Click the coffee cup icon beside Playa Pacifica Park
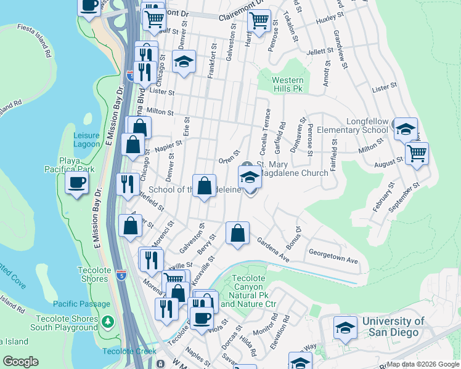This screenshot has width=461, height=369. [76, 182]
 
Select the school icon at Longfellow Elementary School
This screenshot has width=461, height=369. [406, 129]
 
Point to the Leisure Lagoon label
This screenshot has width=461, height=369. [86, 140]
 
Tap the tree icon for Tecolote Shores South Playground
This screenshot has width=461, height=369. [108, 322]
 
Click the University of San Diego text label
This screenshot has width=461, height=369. [393, 327]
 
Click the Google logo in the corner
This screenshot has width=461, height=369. [21, 362]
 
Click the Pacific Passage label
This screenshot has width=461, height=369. [81, 304]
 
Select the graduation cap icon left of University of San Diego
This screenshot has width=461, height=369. [346, 328]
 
